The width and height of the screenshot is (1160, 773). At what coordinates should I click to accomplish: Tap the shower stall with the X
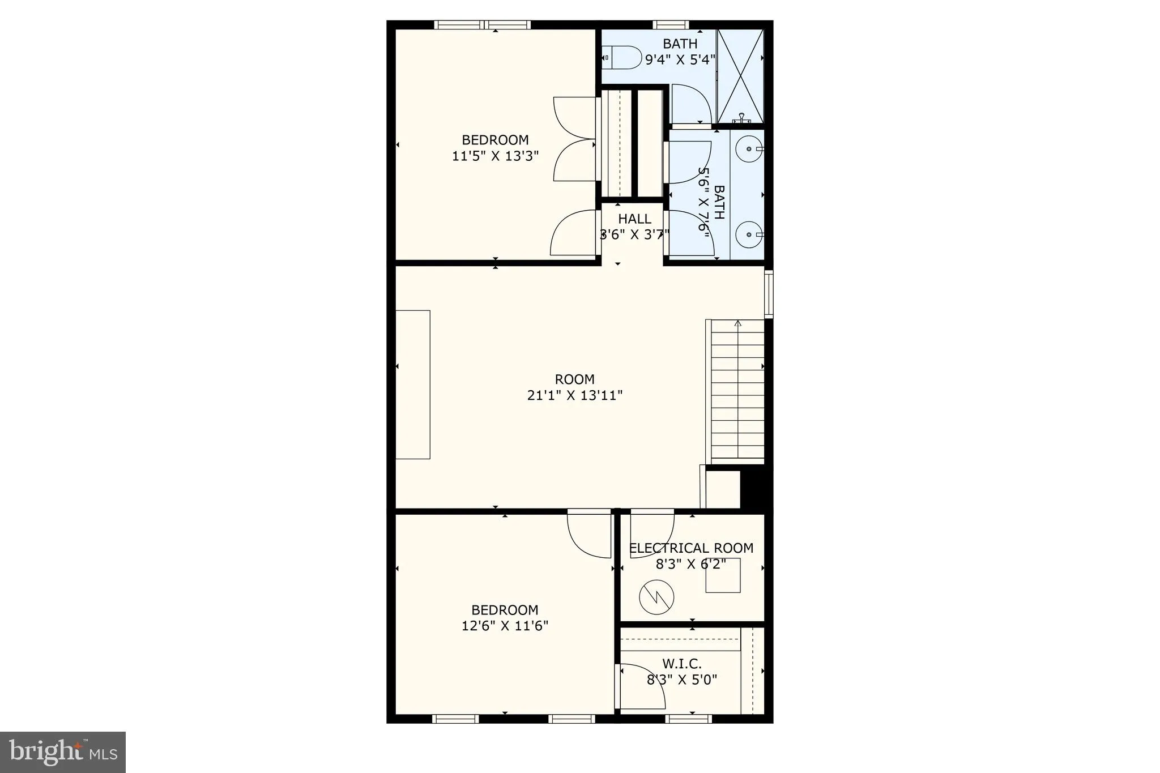click(x=740, y=75)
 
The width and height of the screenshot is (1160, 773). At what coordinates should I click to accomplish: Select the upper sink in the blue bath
click(x=749, y=149)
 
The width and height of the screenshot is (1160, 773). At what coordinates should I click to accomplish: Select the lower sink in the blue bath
click(x=749, y=234)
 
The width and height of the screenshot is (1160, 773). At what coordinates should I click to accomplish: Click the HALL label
click(x=634, y=219)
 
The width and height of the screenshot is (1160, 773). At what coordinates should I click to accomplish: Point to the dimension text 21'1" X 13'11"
click(x=574, y=395)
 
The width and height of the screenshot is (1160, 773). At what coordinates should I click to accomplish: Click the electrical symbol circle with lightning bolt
click(x=656, y=597)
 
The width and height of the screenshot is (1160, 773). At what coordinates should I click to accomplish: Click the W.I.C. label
click(x=682, y=664)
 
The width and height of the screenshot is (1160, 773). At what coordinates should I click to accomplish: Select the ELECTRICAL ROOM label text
click(x=691, y=548)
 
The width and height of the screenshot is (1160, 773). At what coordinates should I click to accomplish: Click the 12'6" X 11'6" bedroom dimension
click(x=505, y=626)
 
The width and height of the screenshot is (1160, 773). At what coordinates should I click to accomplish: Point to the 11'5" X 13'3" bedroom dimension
click(x=495, y=156)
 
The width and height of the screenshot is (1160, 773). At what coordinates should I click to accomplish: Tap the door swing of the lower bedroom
click(x=589, y=535)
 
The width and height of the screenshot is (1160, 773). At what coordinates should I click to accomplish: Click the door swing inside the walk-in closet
click(x=642, y=685)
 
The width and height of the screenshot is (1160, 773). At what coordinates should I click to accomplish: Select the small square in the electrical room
click(x=723, y=575)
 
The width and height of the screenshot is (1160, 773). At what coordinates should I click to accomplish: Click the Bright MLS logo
click(x=63, y=752)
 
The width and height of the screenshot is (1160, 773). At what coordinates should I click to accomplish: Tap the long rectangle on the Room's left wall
click(x=413, y=385)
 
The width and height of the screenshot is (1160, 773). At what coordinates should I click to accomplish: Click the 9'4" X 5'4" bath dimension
click(x=680, y=59)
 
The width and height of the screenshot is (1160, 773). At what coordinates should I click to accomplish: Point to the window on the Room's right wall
click(x=769, y=293)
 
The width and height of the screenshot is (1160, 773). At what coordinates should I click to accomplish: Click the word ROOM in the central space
click(x=574, y=379)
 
